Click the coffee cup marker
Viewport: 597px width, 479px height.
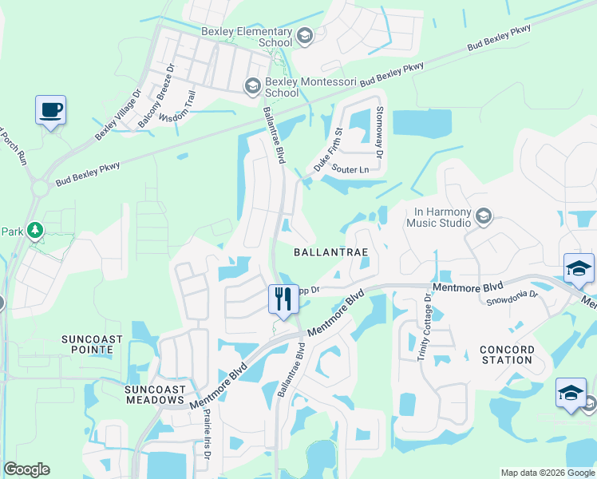pos(50,110)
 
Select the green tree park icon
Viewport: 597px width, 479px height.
pos(34,231)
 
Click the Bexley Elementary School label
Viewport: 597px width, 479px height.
pos(246,36)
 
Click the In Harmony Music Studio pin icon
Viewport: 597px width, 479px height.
pos(483,216)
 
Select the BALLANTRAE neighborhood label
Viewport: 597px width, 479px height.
pos(330,251)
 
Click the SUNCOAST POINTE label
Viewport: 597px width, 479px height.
pos(93,345)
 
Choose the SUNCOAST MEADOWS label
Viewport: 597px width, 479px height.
pos(155,394)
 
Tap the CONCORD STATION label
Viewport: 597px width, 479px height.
pos(507,354)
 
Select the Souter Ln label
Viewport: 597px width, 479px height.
pos(350,169)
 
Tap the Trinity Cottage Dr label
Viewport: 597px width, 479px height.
pos(424,327)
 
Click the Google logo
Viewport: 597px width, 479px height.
pos(26,469)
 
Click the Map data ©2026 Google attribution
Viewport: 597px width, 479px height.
pos(547,473)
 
